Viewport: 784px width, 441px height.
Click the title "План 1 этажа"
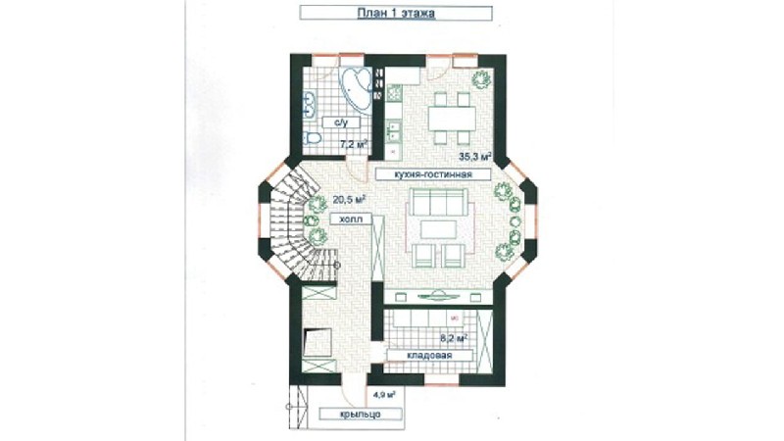coord(396,13)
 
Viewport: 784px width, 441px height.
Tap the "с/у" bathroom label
coord(341,122)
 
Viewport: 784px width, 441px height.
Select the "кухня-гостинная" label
coord(433,174)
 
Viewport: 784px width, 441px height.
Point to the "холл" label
coord(350,219)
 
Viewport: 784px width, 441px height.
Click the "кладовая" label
coord(429,356)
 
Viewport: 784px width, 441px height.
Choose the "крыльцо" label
coord(360,414)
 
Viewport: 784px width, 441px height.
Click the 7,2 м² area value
coord(354,144)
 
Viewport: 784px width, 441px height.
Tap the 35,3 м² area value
coord(475,157)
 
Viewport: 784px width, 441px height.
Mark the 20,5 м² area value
coord(349,199)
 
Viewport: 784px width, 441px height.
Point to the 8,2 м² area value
coord(454,338)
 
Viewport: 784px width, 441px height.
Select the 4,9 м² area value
coord(384,395)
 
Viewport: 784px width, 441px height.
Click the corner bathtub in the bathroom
coord(356,88)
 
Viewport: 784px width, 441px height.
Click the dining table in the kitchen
coord(452,119)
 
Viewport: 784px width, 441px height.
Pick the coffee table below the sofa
coord(438,229)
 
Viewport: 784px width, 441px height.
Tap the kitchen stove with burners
coord(394,93)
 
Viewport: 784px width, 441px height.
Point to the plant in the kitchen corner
coord(481,79)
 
